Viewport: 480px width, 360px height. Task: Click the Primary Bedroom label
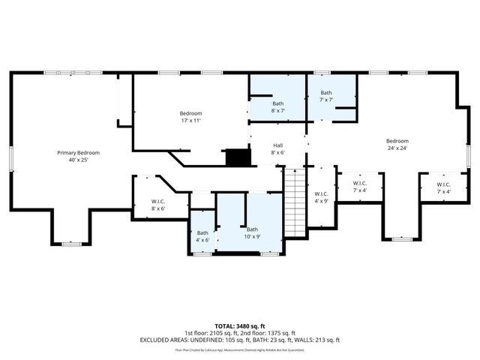point(78,152)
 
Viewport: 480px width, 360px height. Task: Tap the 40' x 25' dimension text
point(78,160)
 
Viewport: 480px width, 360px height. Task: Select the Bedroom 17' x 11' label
point(190,113)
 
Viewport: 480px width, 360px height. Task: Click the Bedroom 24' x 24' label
point(397,141)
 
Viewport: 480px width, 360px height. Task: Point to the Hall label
point(277,145)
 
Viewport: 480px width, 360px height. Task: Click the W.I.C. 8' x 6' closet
point(157,203)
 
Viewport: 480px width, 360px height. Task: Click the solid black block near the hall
point(238,157)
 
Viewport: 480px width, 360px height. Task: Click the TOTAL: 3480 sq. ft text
point(239,325)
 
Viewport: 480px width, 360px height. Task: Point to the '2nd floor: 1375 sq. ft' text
point(269,332)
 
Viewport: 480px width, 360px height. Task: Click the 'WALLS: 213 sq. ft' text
point(315,340)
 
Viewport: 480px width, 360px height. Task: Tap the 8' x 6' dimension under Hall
point(277,152)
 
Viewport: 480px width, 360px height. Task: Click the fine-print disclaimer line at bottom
point(239,349)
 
